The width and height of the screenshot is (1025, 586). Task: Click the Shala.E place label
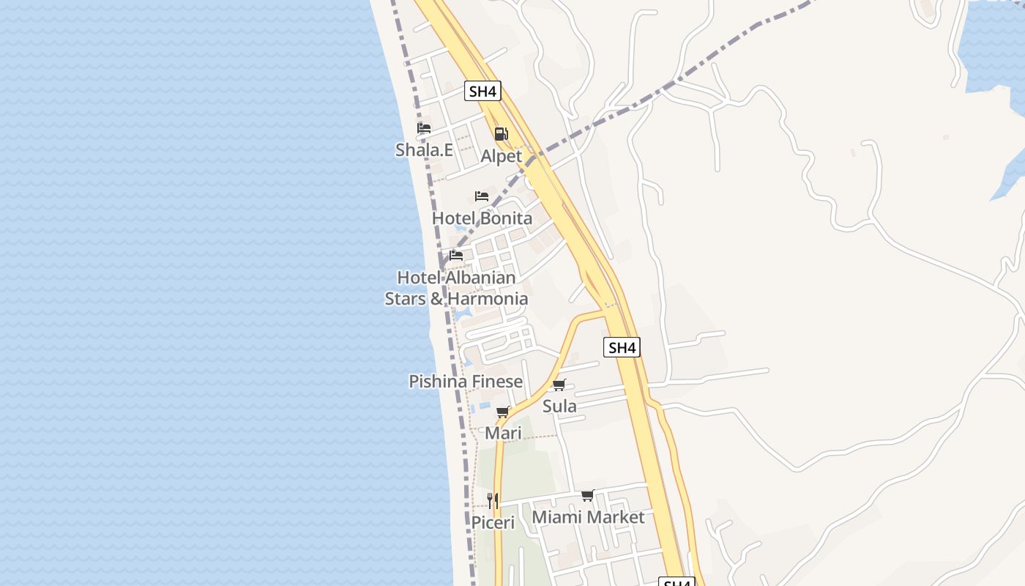coord(424,149)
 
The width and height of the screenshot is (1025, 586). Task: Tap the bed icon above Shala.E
coord(424,128)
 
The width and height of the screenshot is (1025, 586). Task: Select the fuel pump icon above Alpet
coord(501,134)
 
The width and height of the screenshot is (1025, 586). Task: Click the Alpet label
coord(501,156)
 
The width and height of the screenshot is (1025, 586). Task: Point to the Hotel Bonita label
coord(482,218)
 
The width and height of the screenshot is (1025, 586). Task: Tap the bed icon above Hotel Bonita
coord(482,196)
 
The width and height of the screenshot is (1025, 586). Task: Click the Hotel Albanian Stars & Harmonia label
coord(456,288)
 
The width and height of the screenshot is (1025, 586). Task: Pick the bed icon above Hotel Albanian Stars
coord(456,256)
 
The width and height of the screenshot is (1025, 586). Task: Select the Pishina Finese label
coord(466,381)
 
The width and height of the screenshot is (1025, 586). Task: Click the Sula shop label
coord(559,406)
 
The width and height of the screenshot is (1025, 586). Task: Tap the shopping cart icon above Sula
coord(559,385)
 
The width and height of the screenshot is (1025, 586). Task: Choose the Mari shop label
coord(503,433)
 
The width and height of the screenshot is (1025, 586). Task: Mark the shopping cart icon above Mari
coord(503,412)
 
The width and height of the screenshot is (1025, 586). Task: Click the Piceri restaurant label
coord(493,522)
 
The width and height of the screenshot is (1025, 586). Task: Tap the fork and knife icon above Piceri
coord(493,501)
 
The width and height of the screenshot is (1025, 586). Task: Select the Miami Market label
coord(588,517)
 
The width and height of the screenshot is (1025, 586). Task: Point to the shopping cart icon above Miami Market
coord(588,496)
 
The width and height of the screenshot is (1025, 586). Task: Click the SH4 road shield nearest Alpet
coord(482,92)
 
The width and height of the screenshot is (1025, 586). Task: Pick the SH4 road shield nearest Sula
coord(622,347)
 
